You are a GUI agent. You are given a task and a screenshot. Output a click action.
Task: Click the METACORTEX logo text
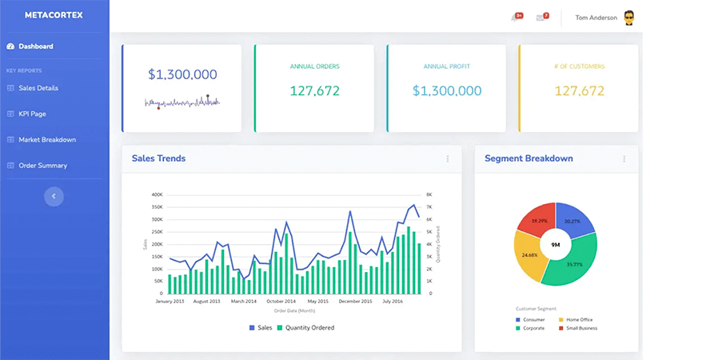click(x=54, y=15)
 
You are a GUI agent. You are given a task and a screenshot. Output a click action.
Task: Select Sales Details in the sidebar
click(x=38, y=88)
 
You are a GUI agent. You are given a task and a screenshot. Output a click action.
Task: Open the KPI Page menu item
click(x=32, y=114)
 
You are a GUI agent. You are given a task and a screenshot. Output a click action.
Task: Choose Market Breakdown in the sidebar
click(x=47, y=139)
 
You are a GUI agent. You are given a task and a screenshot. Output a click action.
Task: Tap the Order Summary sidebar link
click(x=42, y=166)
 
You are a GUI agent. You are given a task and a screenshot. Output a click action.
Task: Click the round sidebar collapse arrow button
click(x=54, y=196)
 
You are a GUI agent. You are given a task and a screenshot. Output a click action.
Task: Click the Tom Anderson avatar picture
click(x=629, y=18)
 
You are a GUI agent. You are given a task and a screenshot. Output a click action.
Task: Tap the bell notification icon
click(x=515, y=18)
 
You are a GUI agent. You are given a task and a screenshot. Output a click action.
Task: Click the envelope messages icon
click(x=540, y=18)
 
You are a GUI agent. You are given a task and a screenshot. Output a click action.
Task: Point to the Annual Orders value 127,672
click(x=314, y=91)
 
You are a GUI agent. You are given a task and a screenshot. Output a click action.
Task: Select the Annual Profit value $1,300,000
click(x=446, y=91)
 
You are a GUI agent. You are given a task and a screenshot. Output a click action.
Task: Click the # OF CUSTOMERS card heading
click(x=579, y=66)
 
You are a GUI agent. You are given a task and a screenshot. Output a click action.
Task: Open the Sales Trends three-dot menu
click(x=448, y=159)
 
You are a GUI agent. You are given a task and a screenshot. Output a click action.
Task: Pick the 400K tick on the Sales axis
click(x=157, y=194)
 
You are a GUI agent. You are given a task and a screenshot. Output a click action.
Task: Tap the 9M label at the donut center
click(x=556, y=245)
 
